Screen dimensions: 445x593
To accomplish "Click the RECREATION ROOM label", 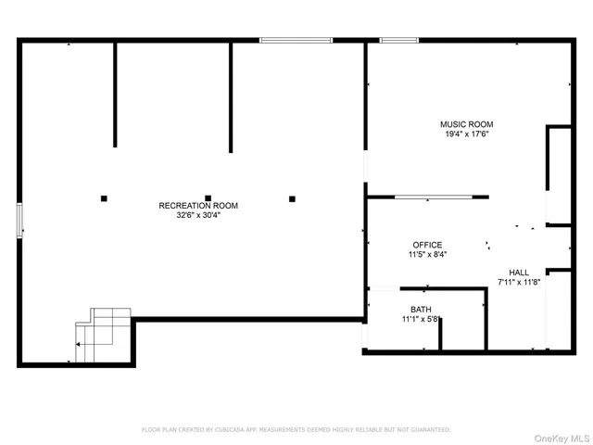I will [198, 206].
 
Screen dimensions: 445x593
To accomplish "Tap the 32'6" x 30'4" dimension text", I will [198, 215].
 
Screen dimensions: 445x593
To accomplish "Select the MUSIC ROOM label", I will [466, 124].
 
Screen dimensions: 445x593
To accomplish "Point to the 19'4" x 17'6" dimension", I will [466, 133].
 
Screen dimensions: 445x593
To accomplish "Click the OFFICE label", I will [427, 245].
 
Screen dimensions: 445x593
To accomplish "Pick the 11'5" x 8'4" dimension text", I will [427, 254].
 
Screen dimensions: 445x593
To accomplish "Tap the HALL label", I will [519, 273].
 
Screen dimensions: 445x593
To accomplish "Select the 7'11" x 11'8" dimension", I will [519, 282].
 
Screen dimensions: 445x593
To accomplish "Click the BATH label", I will [421, 310].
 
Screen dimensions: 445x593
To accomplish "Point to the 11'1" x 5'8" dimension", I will [421, 319].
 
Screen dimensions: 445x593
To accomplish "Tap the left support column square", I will [104, 197].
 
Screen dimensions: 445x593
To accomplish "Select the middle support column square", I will [208, 197].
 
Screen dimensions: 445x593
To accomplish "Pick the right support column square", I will [292, 197].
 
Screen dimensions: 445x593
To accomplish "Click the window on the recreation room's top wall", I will [296, 40].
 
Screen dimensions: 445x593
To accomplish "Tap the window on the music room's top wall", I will [398, 40].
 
